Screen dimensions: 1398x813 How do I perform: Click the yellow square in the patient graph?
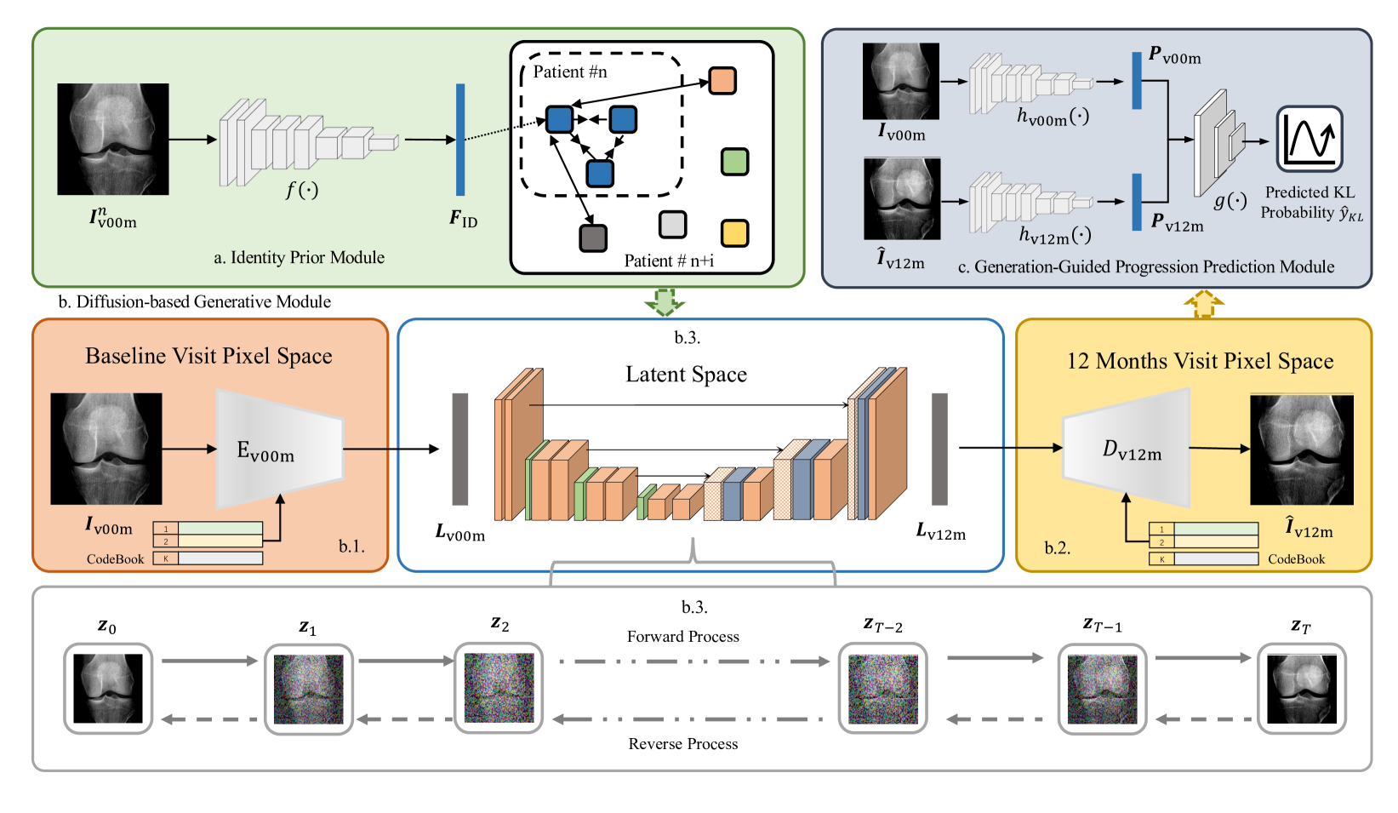pyautogui.click(x=734, y=233)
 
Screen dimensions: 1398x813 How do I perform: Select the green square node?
pyautogui.click(x=734, y=162)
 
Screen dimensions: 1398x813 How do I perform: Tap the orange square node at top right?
pyautogui.click(x=722, y=81)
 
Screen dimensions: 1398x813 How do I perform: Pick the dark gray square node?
pyautogui.click(x=593, y=238)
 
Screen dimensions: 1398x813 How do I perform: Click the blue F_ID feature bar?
pyautogui.click(x=460, y=140)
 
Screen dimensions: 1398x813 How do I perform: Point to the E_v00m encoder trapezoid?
pyautogui.click(x=280, y=449)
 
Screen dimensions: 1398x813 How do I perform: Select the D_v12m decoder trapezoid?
pyautogui.click(x=1127, y=448)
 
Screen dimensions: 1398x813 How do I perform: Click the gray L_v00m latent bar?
pyautogui.click(x=460, y=449)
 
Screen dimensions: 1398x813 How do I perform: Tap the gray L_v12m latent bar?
pyautogui.click(x=939, y=449)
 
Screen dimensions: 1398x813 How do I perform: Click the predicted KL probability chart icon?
pyautogui.click(x=1310, y=139)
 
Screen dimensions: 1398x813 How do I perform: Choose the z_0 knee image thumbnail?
pyautogui.click(x=108, y=688)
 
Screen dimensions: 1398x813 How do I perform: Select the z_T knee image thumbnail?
pyautogui.click(x=1301, y=688)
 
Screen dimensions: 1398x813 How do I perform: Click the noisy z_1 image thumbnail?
pyautogui.click(x=308, y=689)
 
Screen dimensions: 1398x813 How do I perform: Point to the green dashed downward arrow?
pyautogui.click(x=665, y=301)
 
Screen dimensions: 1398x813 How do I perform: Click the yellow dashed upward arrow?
pyautogui.click(x=1204, y=304)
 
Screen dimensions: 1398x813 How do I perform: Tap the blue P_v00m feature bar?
pyautogui.click(x=1137, y=81)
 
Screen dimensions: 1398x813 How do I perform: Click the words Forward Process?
pyautogui.click(x=682, y=636)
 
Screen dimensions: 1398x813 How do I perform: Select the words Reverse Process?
pyautogui.click(x=682, y=744)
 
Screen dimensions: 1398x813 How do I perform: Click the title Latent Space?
pyautogui.click(x=687, y=374)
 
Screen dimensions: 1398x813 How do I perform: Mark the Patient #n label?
pyautogui.click(x=570, y=72)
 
